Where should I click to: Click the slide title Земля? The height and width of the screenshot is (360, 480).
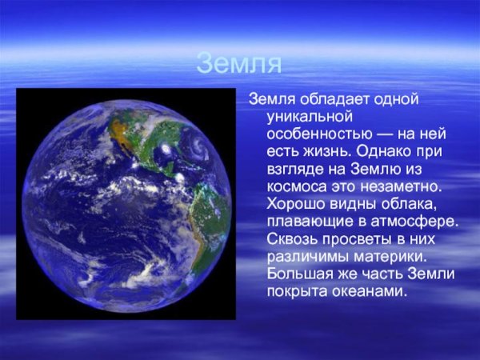point(239,63)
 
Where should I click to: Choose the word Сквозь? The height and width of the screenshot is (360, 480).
point(292,239)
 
